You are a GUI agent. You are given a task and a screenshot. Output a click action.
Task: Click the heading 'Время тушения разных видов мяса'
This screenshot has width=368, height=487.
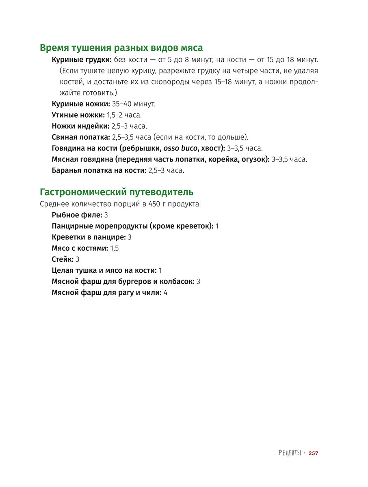(x=121, y=48)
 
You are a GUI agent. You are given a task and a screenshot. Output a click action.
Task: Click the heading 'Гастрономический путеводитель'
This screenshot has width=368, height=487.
(x=116, y=192)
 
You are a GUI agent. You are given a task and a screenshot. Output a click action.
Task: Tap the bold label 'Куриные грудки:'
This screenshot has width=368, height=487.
(x=82, y=60)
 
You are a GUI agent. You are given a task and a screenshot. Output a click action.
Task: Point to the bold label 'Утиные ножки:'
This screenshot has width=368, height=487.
(x=78, y=115)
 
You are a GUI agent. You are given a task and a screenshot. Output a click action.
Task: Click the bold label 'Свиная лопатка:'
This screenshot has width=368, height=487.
(x=81, y=137)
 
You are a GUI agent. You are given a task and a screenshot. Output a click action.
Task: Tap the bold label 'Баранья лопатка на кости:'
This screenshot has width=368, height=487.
(x=99, y=170)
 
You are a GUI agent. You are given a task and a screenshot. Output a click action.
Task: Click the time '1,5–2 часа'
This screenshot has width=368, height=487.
(x=124, y=115)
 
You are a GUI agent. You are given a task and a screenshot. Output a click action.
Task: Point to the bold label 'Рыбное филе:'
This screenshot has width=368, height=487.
(x=77, y=215)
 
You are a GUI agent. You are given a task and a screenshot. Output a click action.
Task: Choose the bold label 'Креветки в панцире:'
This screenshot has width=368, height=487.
(x=89, y=237)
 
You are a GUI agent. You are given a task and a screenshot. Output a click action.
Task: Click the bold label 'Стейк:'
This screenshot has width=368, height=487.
(x=63, y=259)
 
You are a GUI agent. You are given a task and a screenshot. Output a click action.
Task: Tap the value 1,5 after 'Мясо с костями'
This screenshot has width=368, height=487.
(x=115, y=248)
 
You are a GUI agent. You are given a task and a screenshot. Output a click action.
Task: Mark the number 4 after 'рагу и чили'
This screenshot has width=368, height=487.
(x=165, y=293)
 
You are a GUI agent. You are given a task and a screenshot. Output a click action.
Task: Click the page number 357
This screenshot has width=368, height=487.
(x=313, y=453)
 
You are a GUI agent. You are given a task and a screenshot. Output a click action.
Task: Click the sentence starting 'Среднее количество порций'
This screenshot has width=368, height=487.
(x=120, y=204)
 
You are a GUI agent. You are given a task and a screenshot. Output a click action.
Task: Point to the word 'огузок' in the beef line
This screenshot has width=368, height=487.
(x=253, y=159)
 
